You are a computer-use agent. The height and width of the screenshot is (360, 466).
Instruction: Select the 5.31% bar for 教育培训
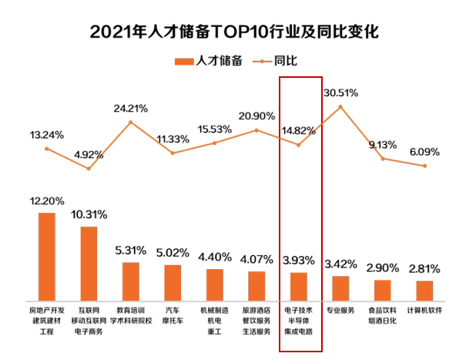click(131, 282)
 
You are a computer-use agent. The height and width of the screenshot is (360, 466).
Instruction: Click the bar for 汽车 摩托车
click(173, 284)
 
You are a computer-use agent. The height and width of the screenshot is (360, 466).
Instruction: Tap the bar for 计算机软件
click(424, 291)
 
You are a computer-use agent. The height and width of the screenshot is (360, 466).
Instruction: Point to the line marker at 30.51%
click(340, 106)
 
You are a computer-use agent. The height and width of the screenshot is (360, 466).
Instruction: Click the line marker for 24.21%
click(131, 122)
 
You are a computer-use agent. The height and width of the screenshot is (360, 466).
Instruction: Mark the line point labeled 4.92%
click(89, 168)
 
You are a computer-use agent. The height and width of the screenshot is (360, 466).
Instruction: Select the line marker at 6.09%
click(424, 166)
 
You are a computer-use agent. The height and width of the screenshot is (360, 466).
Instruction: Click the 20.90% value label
click(256, 116)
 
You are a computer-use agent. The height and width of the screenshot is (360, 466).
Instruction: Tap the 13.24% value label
click(46, 134)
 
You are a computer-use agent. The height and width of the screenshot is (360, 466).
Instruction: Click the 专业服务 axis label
click(340, 311)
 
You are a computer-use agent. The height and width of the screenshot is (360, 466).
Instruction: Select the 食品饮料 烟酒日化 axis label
click(383, 316)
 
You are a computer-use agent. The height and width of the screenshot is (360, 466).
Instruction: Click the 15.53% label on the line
click(216, 129)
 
